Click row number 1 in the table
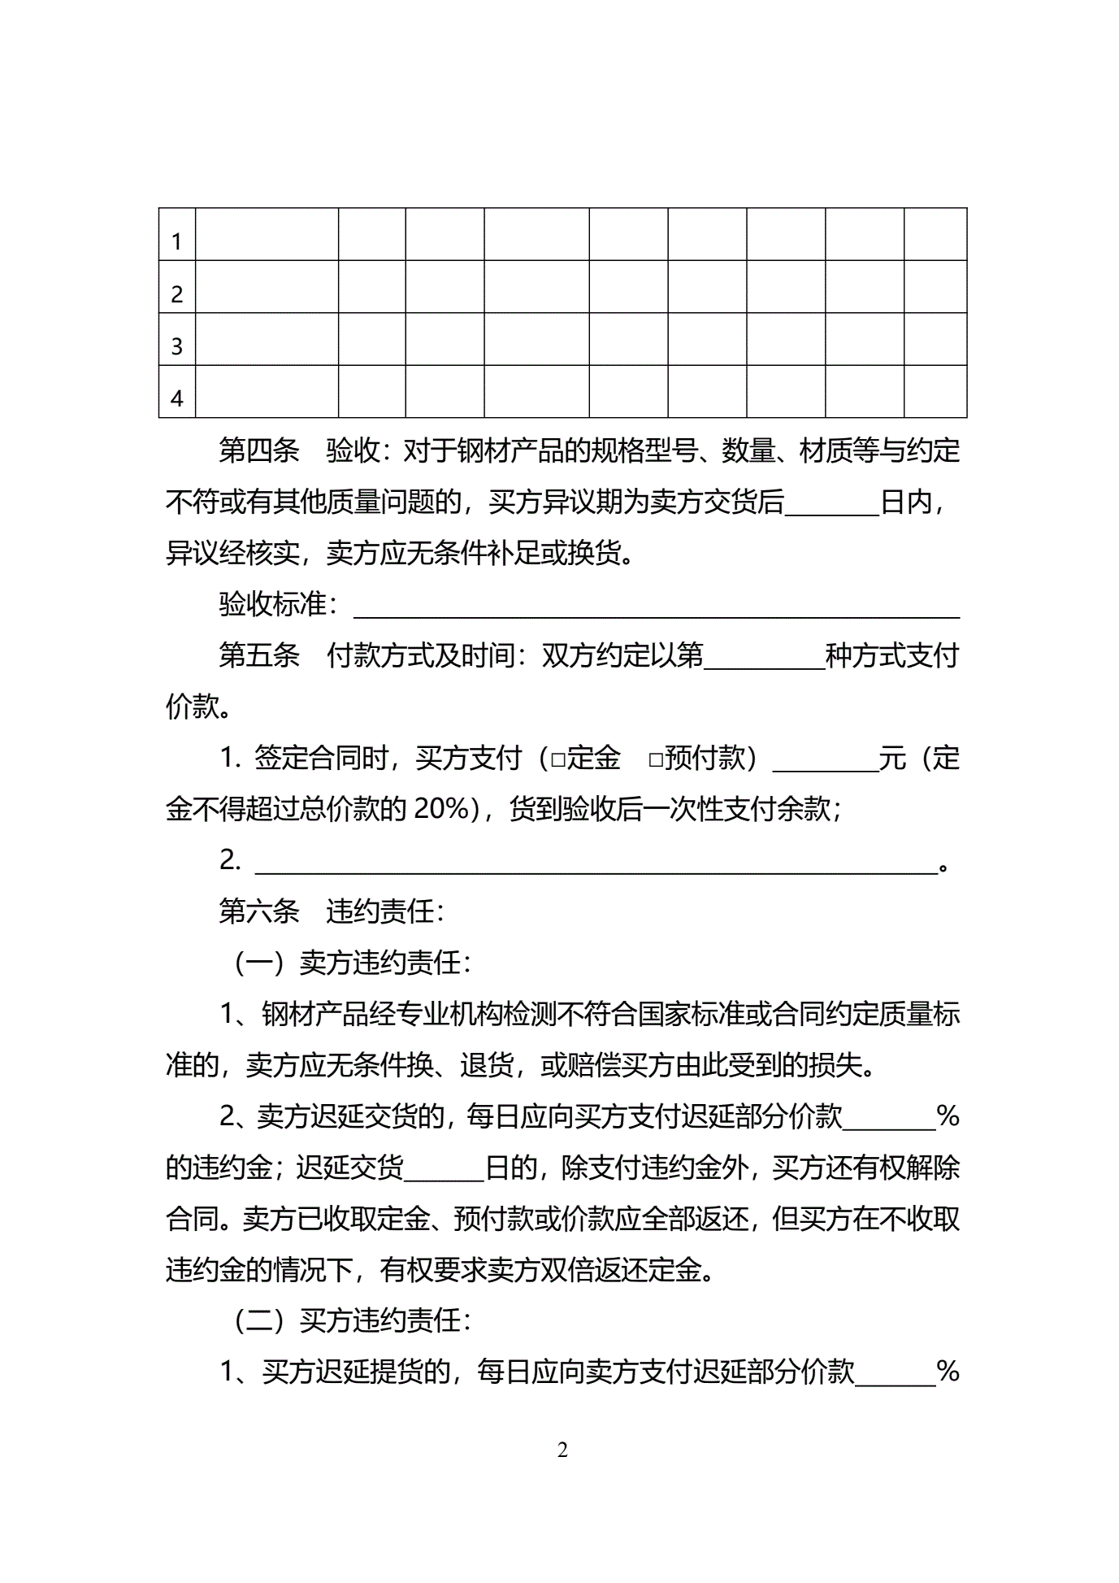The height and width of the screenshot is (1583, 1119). [x=177, y=241]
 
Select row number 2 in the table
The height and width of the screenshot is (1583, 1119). [x=177, y=294]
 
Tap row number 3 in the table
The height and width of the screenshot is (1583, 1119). [x=177, y=347]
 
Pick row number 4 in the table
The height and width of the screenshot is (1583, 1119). [x=177, y=399]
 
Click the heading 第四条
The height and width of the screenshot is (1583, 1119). [x=259, y=450]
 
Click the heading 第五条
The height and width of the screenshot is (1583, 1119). [x=259, y=655]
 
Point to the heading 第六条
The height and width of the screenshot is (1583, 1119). [x=259, y=911]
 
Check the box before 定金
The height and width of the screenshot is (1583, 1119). [x=558, y=760]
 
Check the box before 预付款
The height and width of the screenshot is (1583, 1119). [x=656, y=760]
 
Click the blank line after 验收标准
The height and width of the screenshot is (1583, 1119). [x=656, y=607]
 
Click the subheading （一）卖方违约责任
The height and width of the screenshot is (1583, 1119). [x=352, y=963]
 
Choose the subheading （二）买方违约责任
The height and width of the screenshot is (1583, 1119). [x=352, y=1321]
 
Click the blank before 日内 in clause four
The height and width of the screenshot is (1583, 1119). [x=832, y=504]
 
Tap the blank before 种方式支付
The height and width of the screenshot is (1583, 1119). [x=765, y=658]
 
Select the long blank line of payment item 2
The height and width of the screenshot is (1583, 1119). [x=596, y=863]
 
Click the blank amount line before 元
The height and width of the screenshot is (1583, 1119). [x=825, y=760]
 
